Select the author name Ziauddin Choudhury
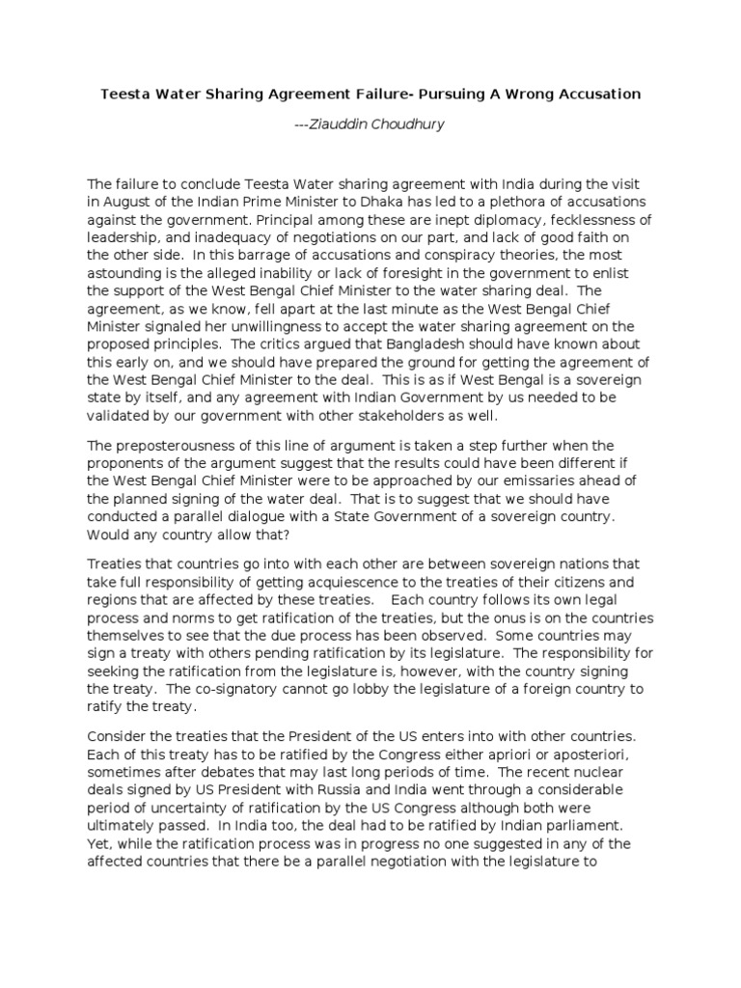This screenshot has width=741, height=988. point(377,125)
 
